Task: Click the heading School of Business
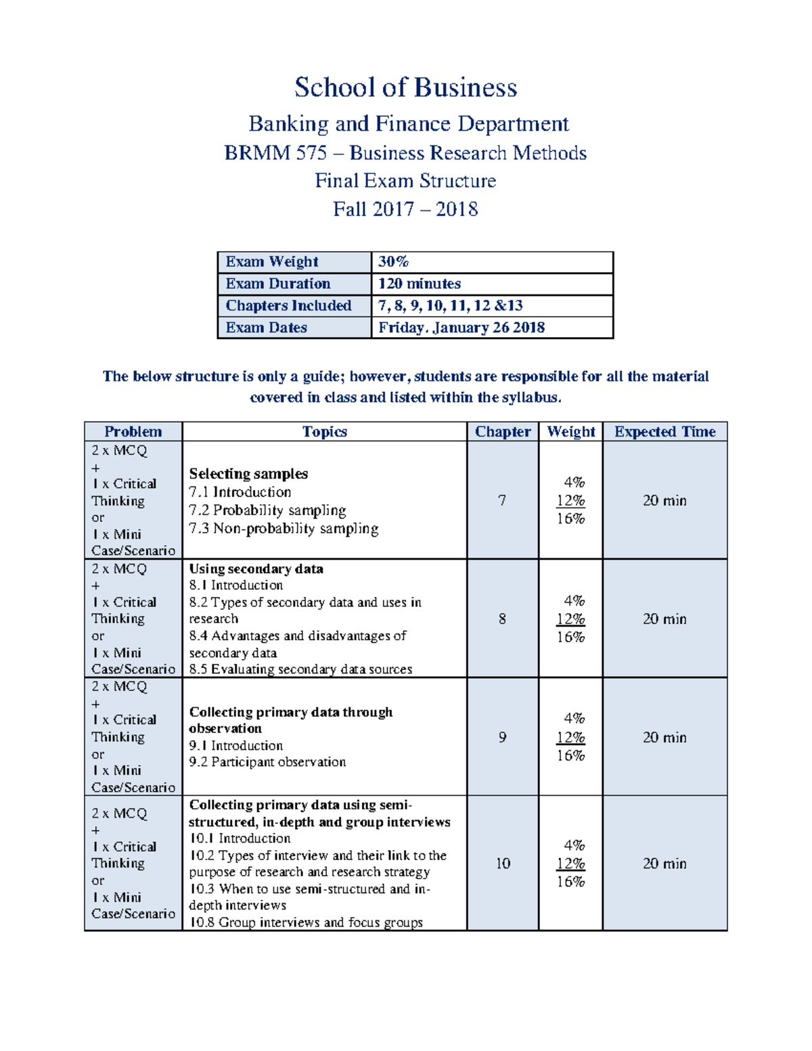click(405, 88)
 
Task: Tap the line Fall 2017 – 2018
click(405, 209)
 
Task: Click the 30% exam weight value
click(393, 262)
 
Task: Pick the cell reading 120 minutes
click(419, 284)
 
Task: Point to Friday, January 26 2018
click(461, 328)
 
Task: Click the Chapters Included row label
click(288, 306)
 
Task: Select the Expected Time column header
click(664, 432)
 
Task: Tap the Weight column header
click(570, 432)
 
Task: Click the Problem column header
click(133, 432)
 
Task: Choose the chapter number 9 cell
click(502, 737)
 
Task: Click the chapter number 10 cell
click(503, 864)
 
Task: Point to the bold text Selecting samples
click(248, 474)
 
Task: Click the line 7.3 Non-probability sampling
click(284, 529)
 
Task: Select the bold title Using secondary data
click(256, 569)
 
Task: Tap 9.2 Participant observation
click(267, 762)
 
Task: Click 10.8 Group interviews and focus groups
click(306, 922)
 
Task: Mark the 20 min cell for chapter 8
click(664, 619)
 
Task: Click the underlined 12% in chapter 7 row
click(570, 501)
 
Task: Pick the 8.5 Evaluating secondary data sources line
click(300, 669)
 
